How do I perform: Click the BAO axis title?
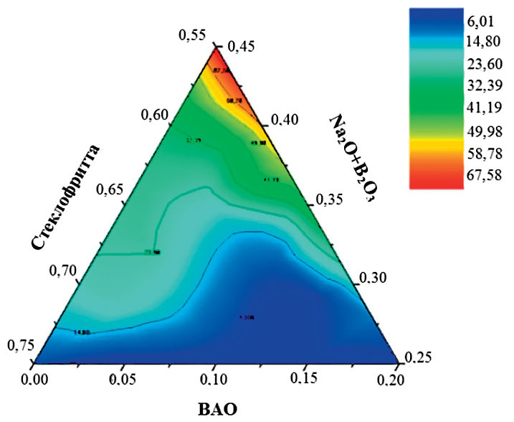(x=216, y=408)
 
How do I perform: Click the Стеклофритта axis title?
(x=66, y=197)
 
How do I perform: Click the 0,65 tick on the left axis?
(x=105, y=190)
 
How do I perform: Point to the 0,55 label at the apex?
(x=194, y=36)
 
